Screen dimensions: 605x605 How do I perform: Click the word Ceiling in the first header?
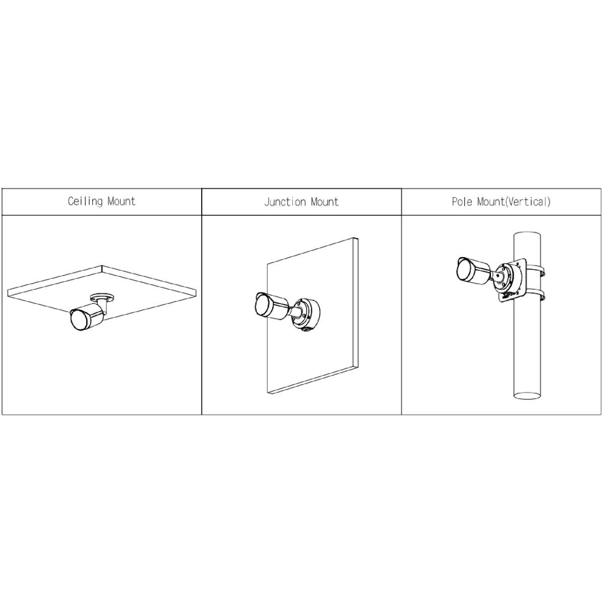85,202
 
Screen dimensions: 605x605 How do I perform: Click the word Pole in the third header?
462,202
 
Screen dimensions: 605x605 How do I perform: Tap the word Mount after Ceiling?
122,201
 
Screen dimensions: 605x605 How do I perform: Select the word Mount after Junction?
325,202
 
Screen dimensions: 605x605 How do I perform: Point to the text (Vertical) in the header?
528,202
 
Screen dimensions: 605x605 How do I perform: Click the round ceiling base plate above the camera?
102,297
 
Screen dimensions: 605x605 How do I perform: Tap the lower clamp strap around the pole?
535,296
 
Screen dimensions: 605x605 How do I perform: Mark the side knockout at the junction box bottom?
306,329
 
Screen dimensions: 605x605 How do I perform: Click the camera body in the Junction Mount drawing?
272,307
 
